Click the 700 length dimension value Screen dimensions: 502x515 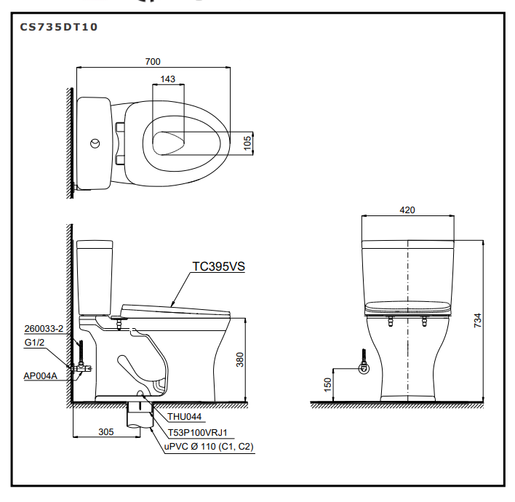(x=153, y=62)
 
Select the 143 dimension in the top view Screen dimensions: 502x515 (x=168, y=79)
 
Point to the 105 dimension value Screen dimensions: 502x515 (x=247, y=143)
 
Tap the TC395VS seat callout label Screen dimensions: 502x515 (x=218, y=266)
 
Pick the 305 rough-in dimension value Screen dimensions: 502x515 (x=106, y=431)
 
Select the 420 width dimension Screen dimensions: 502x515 (x=407, y=210)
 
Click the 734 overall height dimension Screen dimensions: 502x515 (x=477, y=320)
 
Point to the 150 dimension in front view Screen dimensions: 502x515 (x=328, y=384)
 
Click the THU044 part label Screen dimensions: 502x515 (x=185, y=418)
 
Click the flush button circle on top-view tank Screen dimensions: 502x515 (x=94, y=143)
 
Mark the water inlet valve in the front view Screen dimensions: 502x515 (x=364, y=368)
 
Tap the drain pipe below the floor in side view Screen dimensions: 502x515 (x=138, y=415)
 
